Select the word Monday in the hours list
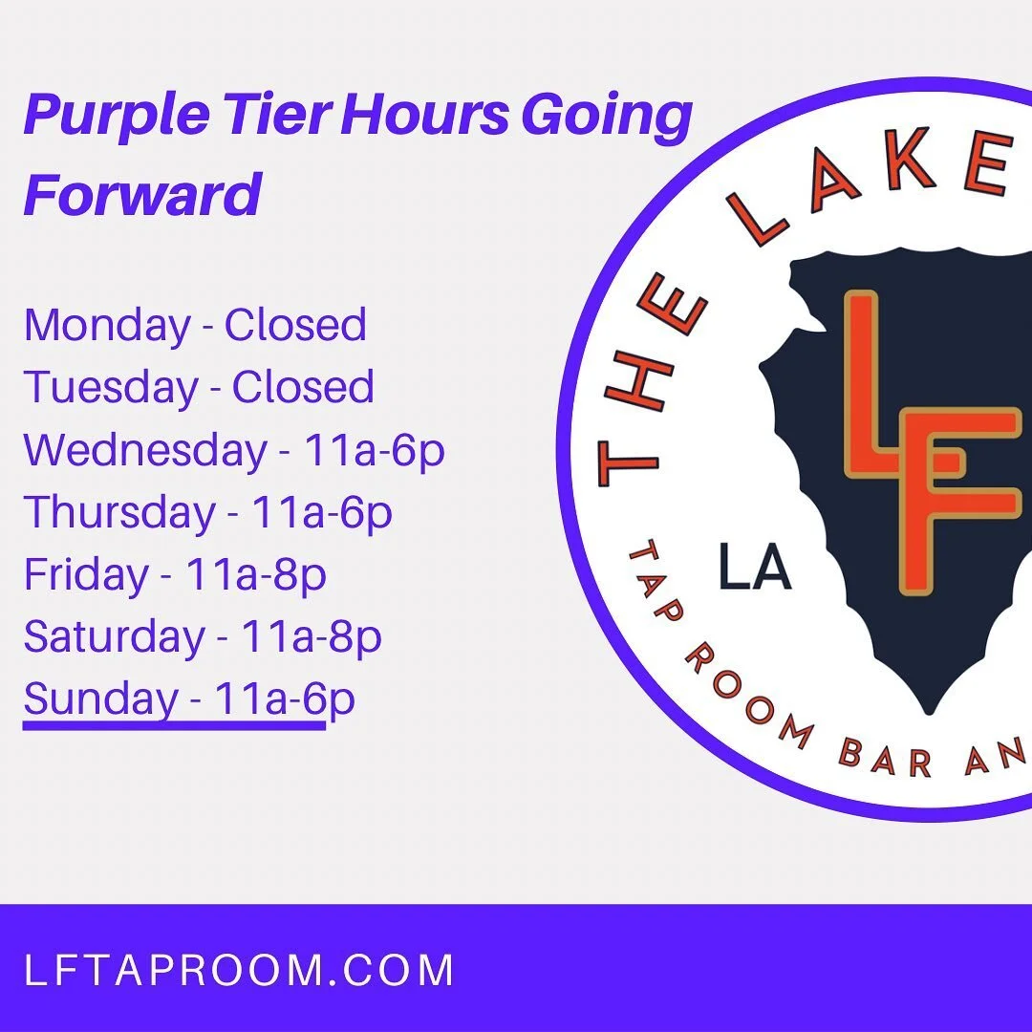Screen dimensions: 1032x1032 tap(107, 325)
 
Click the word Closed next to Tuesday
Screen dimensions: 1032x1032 tap(303, 388)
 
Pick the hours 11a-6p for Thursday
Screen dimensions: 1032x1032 tap(322, 513)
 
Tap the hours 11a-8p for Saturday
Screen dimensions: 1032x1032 tap(311, 637)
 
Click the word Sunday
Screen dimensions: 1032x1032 tap(100, 699)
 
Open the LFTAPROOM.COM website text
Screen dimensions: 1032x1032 tap(239, 971)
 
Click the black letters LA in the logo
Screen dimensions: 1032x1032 tap(755, 570)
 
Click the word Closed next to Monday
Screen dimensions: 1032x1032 tap(295, 325)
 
